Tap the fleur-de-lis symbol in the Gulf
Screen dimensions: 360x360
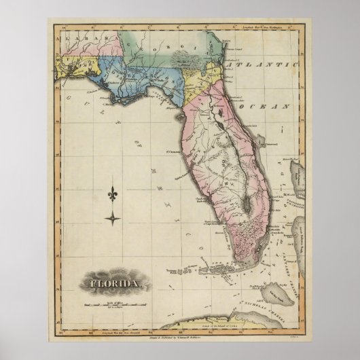[x=112, y=196]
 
